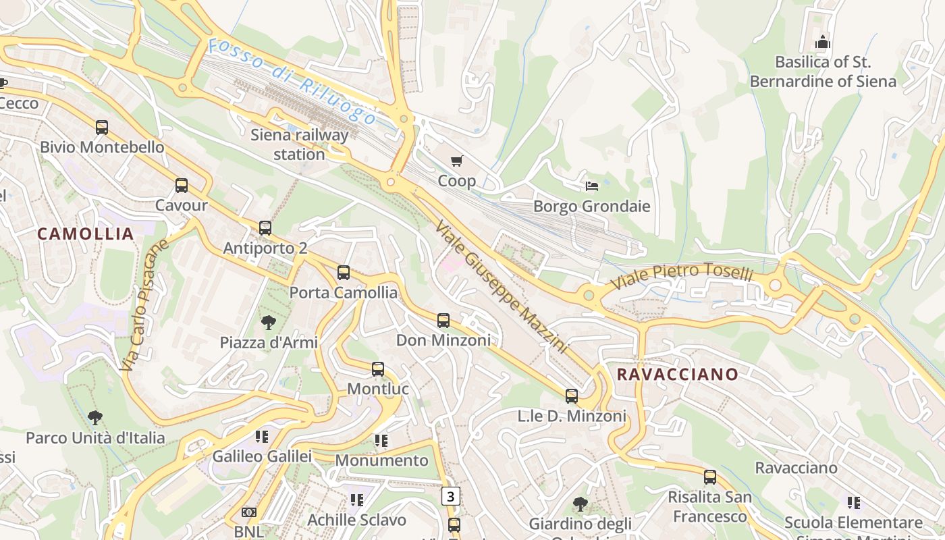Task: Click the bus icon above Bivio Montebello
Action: (101, 127)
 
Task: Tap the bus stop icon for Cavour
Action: (181, 186)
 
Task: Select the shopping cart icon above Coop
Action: (457, 161)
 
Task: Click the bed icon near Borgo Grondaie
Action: (592, 186)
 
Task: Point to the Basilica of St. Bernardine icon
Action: (822, 42)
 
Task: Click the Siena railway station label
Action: (299, 144)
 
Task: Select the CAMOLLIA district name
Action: (86, 234)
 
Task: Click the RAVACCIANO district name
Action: (678, 374)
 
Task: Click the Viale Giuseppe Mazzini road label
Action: (500, 286)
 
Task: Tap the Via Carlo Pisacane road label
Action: (144, 304)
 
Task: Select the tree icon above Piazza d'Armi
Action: (268, 323)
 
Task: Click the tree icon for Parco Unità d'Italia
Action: (95, 418)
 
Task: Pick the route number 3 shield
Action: (451, 497)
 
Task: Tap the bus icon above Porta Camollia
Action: (344, 273)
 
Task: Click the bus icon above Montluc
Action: (378, 369)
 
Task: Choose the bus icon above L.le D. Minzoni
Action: (572, 396)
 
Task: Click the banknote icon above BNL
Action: (248, 513)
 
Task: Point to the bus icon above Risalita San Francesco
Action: (709, 477)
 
